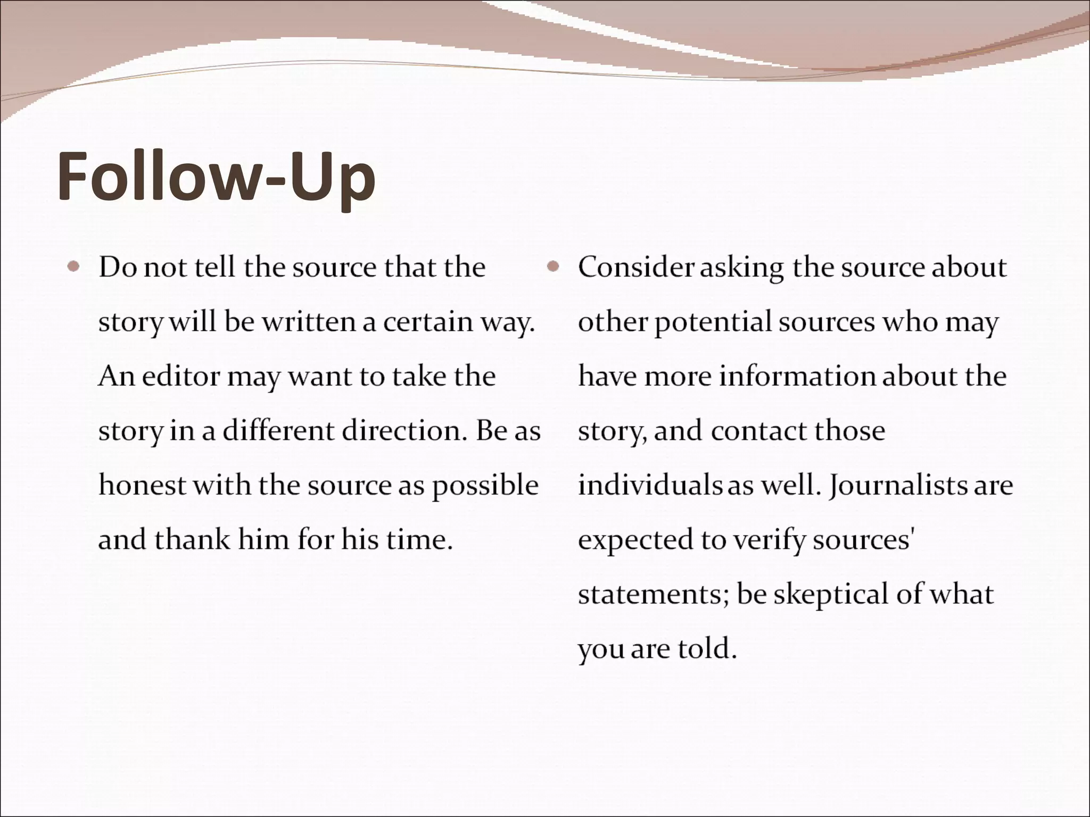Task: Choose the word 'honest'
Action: [142, 485]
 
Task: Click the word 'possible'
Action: [485, 486]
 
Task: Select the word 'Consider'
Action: [636, 267]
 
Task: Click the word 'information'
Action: [797, 377]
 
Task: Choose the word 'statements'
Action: [653, 595]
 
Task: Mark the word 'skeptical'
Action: [830, 595]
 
